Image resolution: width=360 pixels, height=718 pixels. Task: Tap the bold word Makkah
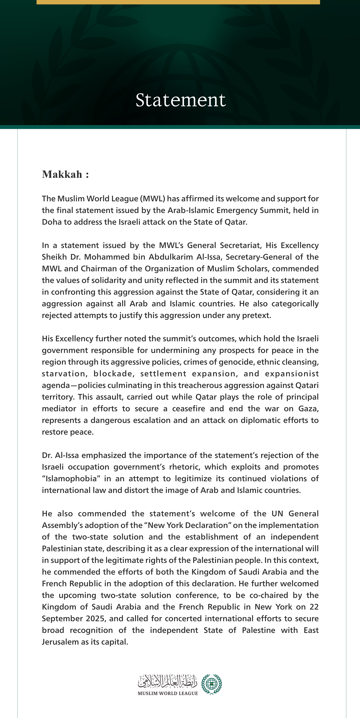pos(62,175)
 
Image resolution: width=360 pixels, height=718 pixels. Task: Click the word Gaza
pos(308,409)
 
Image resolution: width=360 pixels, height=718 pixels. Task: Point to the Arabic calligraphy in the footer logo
pos(168,682)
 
